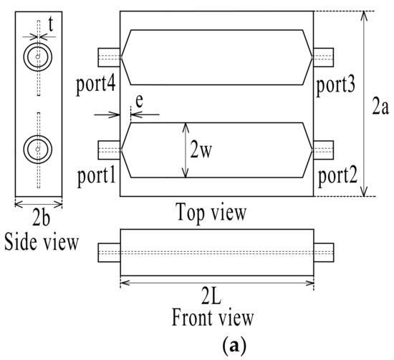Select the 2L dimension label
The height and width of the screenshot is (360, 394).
coord(216,296)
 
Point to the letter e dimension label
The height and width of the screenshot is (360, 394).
coord(138,104)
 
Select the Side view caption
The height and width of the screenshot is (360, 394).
coord(38,238)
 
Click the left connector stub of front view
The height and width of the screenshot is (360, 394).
coord(110,252)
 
